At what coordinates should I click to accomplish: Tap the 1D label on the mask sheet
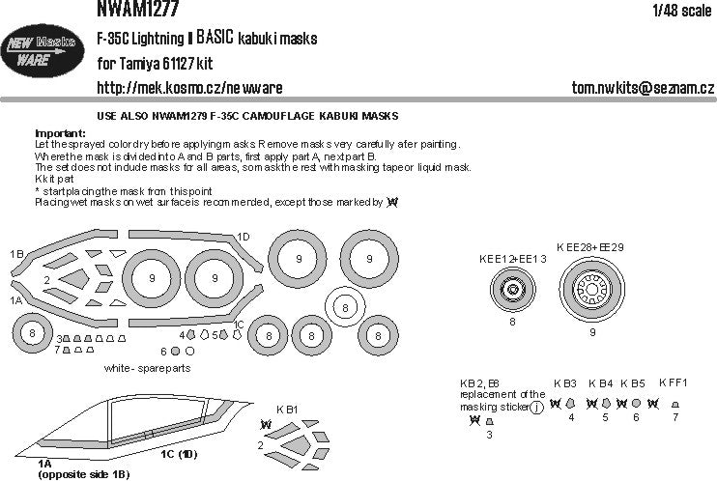[244, 237]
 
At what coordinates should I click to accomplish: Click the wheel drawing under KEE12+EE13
[513, 290]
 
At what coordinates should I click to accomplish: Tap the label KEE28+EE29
[590, 247]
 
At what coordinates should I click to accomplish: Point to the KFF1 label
[673, 382]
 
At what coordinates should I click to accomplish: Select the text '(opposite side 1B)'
[83, 475]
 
